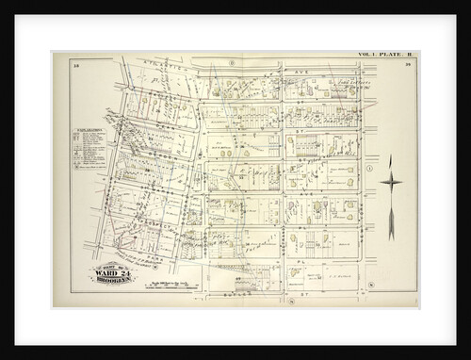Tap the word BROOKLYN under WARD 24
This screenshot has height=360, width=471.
pos(113,281)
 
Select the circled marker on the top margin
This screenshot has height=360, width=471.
pos(231,62)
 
